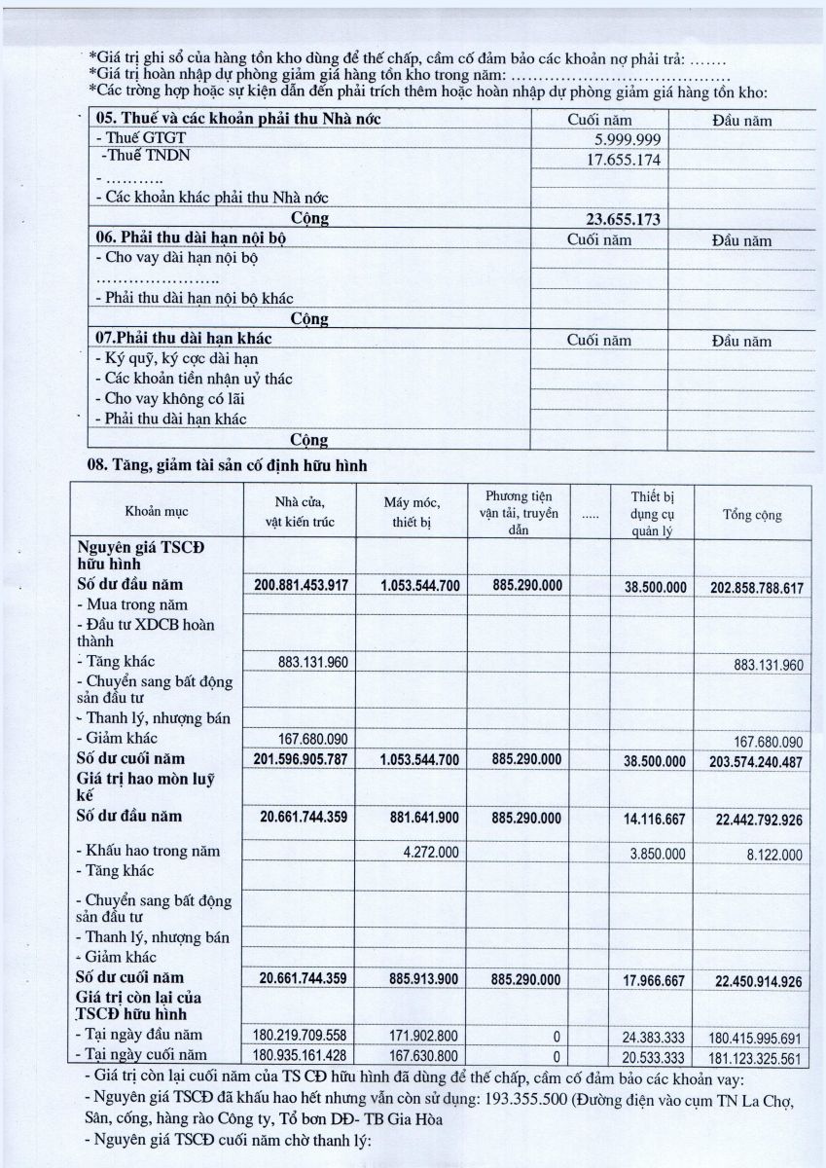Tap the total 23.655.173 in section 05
624,220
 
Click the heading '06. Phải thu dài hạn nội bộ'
191,239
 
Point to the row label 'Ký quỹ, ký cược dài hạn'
173,358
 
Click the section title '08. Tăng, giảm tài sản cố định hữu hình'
227,465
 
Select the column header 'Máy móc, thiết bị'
411,512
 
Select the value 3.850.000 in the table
660,854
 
